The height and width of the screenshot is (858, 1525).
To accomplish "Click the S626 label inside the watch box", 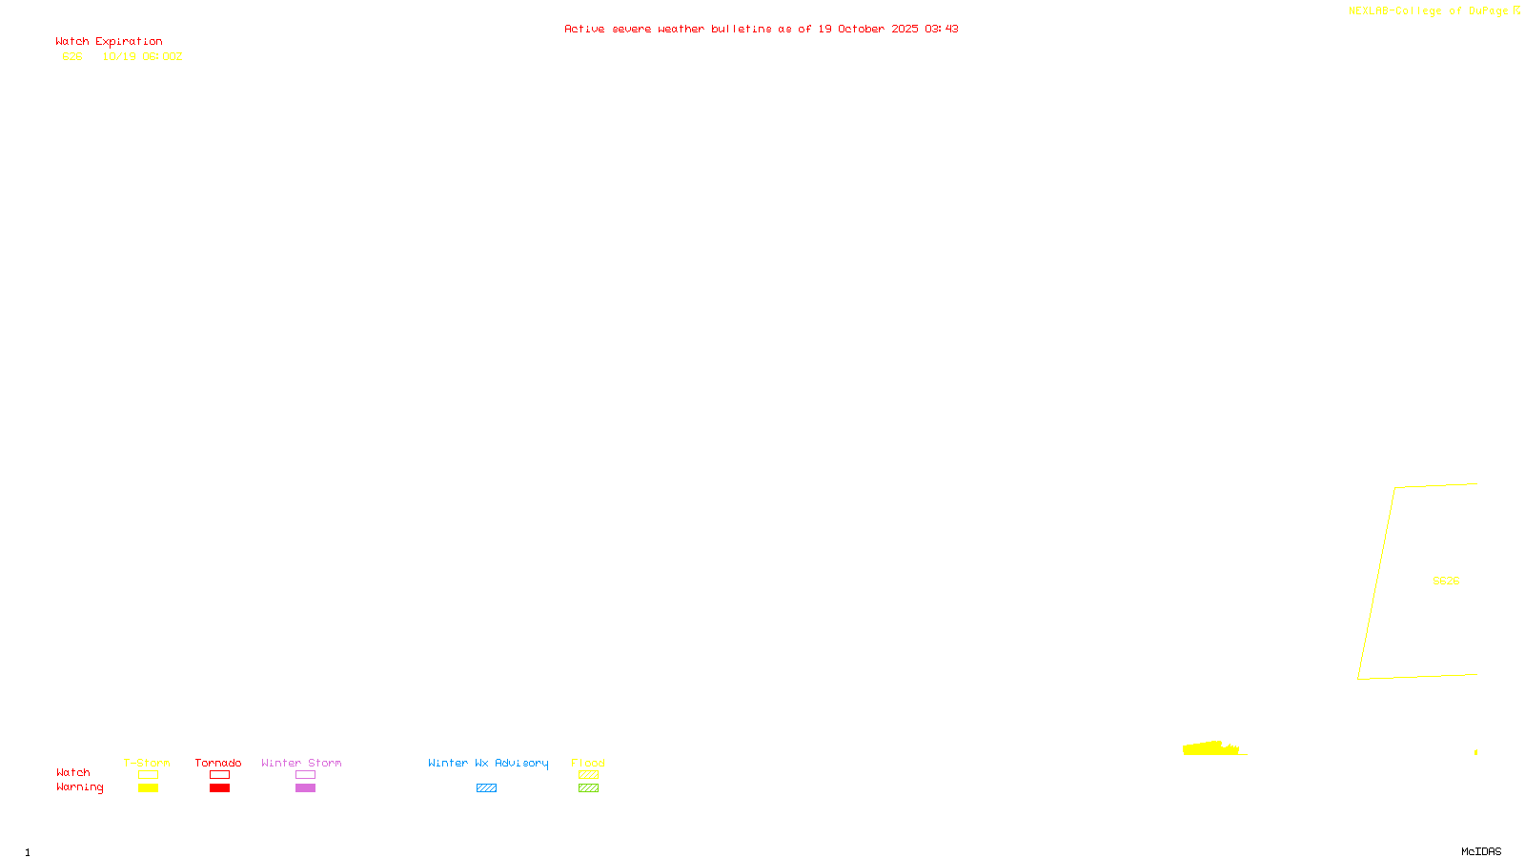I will (1446, 581).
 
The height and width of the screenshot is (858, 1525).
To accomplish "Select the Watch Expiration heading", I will (109, 42).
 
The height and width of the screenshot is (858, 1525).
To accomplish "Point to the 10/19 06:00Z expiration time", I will (142, 57).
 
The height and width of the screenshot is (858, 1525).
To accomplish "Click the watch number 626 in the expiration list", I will (72, 57).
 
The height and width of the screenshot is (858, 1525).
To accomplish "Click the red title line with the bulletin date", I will (761, 30).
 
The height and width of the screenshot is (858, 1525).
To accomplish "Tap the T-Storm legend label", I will (147, 763).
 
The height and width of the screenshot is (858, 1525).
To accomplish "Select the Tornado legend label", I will (218, 763).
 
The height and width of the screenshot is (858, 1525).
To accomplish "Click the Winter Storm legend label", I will (301, 763).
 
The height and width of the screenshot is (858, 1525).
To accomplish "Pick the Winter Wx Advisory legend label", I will (488, 763).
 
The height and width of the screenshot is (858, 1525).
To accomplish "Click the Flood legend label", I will (588, 763).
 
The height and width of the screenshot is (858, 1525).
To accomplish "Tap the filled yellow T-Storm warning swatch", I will (148, 788).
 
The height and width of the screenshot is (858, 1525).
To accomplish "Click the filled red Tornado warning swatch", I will (220, 788).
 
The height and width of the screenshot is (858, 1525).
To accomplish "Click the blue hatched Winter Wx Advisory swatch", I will (486, 788).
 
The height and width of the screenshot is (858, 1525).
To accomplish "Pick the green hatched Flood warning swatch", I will (588, 788).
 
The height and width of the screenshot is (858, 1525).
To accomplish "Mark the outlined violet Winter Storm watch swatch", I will (305, 775).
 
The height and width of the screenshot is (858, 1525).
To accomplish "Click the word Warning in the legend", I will (80, 787).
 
